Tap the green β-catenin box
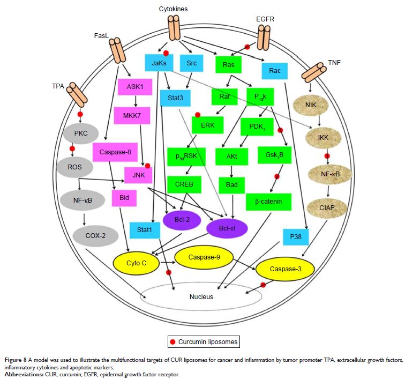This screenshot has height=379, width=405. click(268, 202)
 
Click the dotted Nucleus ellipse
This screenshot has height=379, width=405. click(201, 296)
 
